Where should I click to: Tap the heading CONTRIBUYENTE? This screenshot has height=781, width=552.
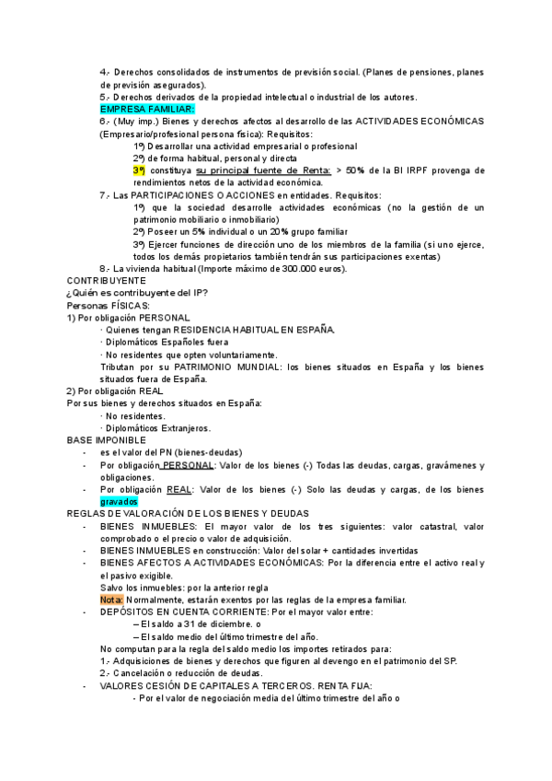(x=106, y=280)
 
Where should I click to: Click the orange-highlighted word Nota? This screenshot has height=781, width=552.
(x=111, y=600)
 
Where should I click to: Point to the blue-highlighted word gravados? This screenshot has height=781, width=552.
(x=119, y=502)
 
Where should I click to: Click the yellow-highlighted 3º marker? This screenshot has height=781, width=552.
(x=139, y=170)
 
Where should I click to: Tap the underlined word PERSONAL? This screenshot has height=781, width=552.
(x=188, y=465)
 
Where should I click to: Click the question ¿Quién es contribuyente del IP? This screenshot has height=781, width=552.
(x=137, y=293)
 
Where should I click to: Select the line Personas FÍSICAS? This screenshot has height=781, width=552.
(x=108, y=305)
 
